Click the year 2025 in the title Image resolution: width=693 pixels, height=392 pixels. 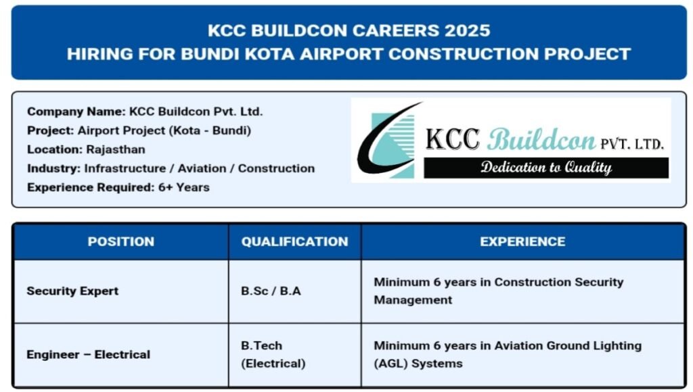(x=463, y=31)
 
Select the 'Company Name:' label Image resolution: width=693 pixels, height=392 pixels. (x=76, y=112)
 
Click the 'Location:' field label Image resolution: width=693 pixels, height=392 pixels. (x=55, y=149)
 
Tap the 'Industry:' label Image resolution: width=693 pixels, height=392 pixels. (x=54, y=168)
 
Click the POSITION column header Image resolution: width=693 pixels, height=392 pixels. (x=120, y=241)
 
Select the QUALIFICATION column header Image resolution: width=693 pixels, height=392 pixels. (x=294, y=241)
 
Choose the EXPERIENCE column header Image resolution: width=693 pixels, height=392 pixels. (x=522, y=241)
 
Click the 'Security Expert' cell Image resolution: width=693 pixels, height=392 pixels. (x=72, y=291)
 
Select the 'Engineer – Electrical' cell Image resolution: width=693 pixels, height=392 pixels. (x=89, y=354)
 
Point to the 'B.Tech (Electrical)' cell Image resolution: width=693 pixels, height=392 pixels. (x=273, y=354)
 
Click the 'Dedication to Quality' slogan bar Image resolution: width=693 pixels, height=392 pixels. (x=545, y=168)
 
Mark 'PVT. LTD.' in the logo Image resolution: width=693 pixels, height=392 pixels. (x=632, y=143)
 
